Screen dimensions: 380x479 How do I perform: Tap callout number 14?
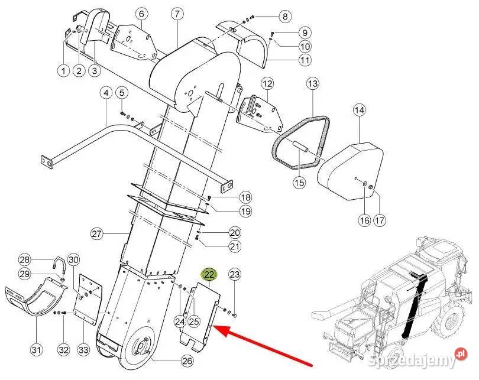(x=360, y=110)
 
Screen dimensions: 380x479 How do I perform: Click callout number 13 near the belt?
(x=312, y=85)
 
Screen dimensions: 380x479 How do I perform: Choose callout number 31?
(x=37, y=350)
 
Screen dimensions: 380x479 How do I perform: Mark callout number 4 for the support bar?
(x=106, y=93)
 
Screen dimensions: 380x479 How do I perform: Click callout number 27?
(x=97, y=234)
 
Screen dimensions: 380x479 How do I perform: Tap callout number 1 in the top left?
(x=63, y=71)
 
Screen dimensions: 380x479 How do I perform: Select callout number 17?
(x=379, y=220)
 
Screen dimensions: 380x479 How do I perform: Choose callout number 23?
(x=235, y=274)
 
